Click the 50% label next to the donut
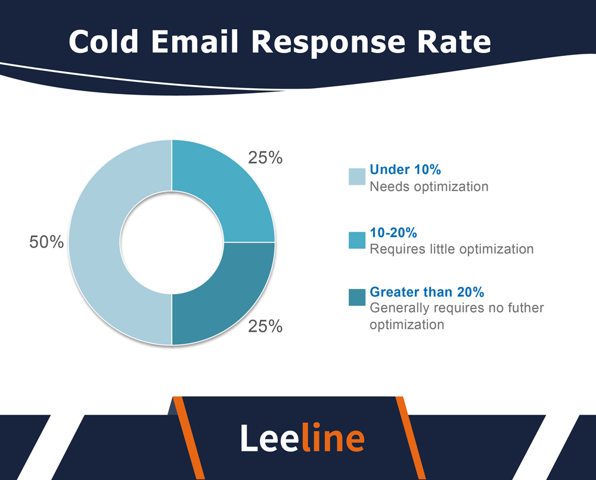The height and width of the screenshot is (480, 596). (46, 242)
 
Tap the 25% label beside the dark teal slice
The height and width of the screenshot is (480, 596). (265, 326)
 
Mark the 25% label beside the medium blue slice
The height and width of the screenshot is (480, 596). (265, 158)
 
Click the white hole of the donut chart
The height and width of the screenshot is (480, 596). (172, 242)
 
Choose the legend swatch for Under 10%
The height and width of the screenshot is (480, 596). (356, 177)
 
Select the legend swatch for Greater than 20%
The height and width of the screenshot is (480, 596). (356, 297)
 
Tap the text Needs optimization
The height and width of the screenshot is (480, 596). (429, 186)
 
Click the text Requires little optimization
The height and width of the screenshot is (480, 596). (451, 248)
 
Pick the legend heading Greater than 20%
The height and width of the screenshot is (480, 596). (427, 292)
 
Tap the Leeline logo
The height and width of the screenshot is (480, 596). (302, 438)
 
